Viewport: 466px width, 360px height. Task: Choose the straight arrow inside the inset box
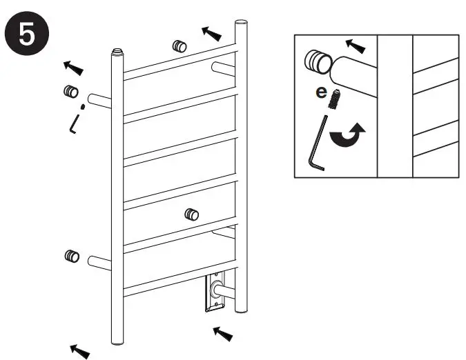[x=356, y=46]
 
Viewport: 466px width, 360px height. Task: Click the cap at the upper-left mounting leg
[x=70, y=92]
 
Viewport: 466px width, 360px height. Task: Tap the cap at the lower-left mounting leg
[x=71, y=256]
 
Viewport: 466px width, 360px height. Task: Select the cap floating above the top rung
[x=179, y=46]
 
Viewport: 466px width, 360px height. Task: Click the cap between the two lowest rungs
[x=191, y=214]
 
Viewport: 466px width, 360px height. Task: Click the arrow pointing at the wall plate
[x=223, y=334]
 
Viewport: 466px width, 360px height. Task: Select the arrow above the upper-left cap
[x=74, y=67]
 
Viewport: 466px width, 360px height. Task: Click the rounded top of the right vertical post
[x=241, y=24]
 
